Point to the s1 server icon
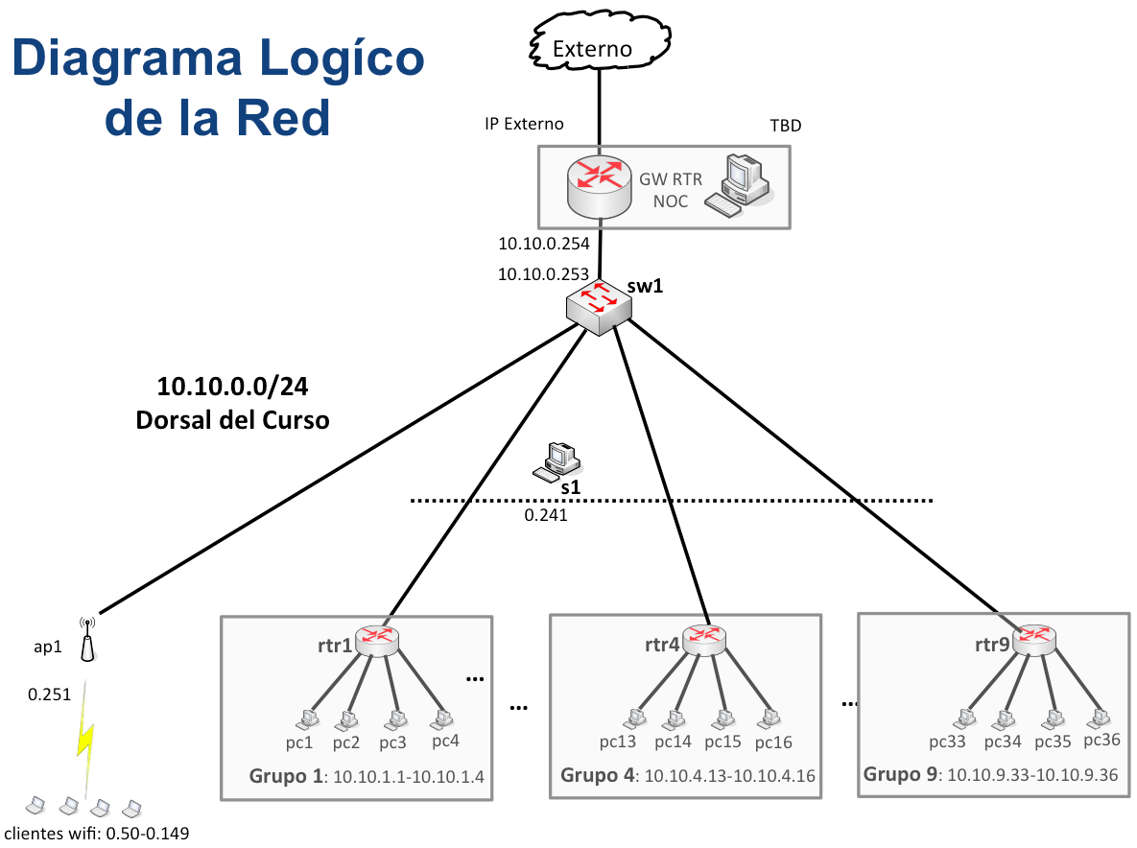557,461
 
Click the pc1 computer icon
306,718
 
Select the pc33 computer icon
964,718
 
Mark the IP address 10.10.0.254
543,244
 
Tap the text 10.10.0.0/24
232,388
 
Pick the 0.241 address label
545,516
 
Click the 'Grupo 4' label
596,774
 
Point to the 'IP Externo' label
524,124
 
